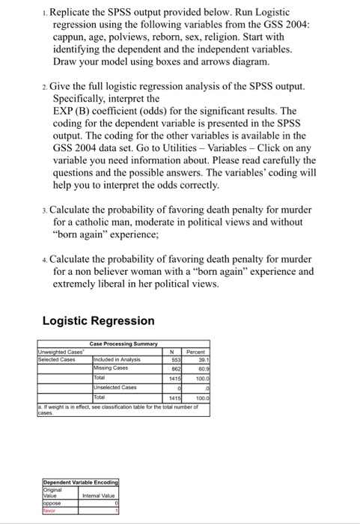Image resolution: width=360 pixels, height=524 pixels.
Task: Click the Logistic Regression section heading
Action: (x=99, y=320)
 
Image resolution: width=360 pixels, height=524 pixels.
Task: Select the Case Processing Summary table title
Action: (x=123, y=344)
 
